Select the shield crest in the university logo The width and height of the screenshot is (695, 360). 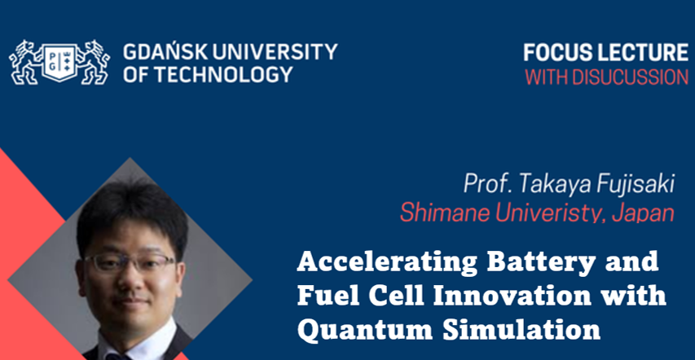[59, 62]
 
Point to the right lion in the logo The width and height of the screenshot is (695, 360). [93, 62]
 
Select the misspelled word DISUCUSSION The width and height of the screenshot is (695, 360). [631, 77]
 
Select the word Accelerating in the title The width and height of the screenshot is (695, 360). [387, 262]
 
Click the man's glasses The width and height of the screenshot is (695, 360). [130, 261]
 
